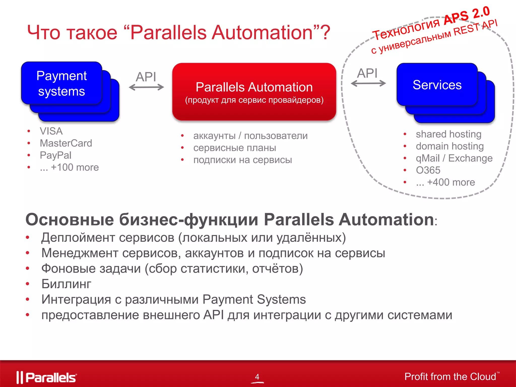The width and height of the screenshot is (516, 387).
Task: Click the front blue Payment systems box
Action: (61, 83)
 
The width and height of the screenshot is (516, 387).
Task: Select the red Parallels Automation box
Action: (254, 92)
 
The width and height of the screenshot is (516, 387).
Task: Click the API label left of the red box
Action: (146, 77)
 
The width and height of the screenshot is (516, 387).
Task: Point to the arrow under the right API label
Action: (368, 83)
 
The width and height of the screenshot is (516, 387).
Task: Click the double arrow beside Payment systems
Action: (146, 87)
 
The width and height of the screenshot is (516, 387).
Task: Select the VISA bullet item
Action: (51, 131)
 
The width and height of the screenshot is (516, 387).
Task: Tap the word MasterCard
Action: (66, 143)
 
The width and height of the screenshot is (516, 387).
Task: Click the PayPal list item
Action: (56, 155)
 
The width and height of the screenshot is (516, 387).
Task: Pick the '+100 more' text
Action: (75, 167)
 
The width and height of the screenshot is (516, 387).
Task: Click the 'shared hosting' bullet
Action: (448, 134)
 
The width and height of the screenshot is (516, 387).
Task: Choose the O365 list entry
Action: (428, 170)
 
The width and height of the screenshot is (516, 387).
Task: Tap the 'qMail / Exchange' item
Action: (454, 158)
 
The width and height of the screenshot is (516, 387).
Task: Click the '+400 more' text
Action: (451, 182)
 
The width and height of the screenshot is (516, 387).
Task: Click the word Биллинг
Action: (66, 284)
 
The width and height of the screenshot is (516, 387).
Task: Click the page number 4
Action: (257, 377)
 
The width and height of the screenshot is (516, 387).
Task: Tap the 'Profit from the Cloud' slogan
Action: (450, 377)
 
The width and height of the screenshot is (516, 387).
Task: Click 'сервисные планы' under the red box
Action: (235, 148)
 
